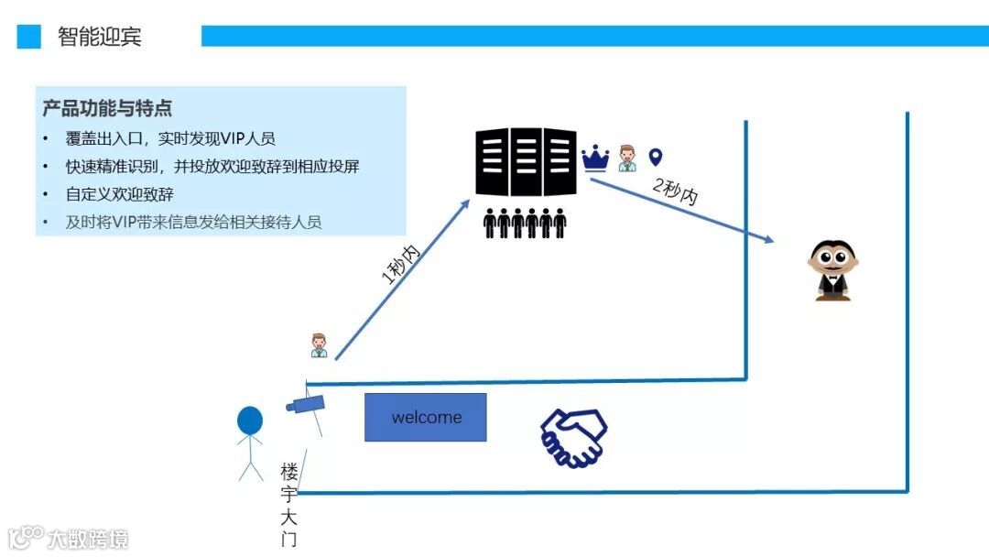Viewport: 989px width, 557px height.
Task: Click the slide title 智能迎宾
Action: coord(100,37)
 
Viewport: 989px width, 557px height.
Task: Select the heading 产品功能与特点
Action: coord(107,108)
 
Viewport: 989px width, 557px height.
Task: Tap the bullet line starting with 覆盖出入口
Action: coord(170,139)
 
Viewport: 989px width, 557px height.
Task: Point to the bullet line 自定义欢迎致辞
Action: coord(120,194)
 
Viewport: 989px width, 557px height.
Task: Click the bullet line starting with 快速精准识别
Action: coord(212,167)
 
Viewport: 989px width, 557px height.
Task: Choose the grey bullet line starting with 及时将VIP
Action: coord(193,222)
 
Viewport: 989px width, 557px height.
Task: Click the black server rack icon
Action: coord(526,162)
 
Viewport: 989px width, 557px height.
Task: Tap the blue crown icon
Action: coord(595,158)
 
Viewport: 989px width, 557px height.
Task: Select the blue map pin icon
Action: coord(655,158)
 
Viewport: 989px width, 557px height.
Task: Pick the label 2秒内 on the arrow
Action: coord(677,190)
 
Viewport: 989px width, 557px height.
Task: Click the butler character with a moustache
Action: coord(832,270)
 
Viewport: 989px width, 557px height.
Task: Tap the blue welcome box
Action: coord(426,418)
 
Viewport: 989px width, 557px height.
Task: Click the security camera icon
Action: coord(304,402)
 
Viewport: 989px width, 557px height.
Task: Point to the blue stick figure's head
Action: coord(250,420)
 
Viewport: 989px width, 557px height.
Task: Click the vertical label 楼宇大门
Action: coord(289,505)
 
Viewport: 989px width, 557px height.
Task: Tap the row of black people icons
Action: coord(525,223)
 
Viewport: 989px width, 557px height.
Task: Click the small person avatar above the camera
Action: coord(319,344)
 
